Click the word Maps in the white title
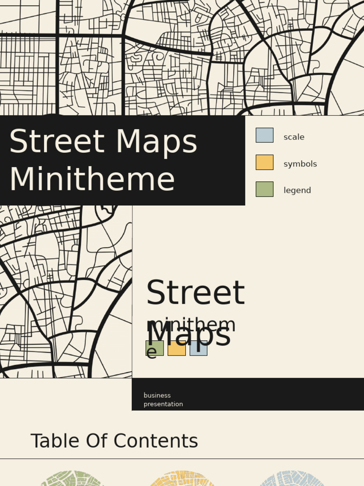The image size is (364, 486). pos(155,142)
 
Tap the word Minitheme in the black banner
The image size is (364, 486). pos(92,180)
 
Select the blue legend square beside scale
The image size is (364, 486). pos(264,135)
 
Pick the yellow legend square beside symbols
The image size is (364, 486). pos(264,162)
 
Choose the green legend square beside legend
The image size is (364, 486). pos(264,189)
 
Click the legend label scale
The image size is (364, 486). pos(294,137)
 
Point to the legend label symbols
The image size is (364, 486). pos(300,164)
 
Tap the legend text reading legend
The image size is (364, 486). pos(297,191)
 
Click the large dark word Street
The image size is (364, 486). pos(195,293)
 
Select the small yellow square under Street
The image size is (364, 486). pos(177,349)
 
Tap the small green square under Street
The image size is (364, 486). pos(155,348)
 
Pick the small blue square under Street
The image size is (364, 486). pos(199,349)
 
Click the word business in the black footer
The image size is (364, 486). pos(157,395)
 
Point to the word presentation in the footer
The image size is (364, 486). pos(163,404)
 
